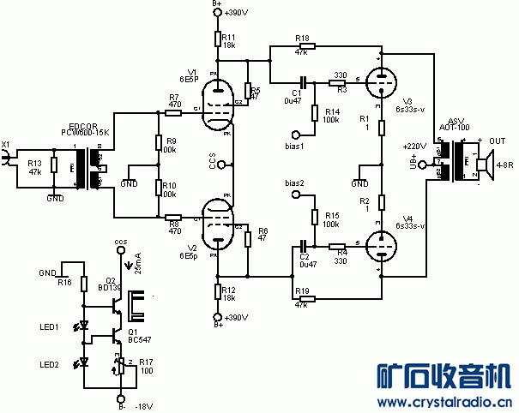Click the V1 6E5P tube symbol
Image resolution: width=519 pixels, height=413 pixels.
tap(220, 108)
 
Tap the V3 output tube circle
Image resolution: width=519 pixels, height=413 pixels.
tap(379, 84)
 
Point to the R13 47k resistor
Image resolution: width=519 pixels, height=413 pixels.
tap(54, 166)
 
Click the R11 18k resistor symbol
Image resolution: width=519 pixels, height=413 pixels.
tap(220, 40)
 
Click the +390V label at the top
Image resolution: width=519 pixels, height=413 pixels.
tap(234, 12)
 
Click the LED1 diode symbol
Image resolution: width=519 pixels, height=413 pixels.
tap(83, 326)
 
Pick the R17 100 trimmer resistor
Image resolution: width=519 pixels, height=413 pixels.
tap(118, 367)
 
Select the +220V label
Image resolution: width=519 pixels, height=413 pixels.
tap(414, 147)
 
